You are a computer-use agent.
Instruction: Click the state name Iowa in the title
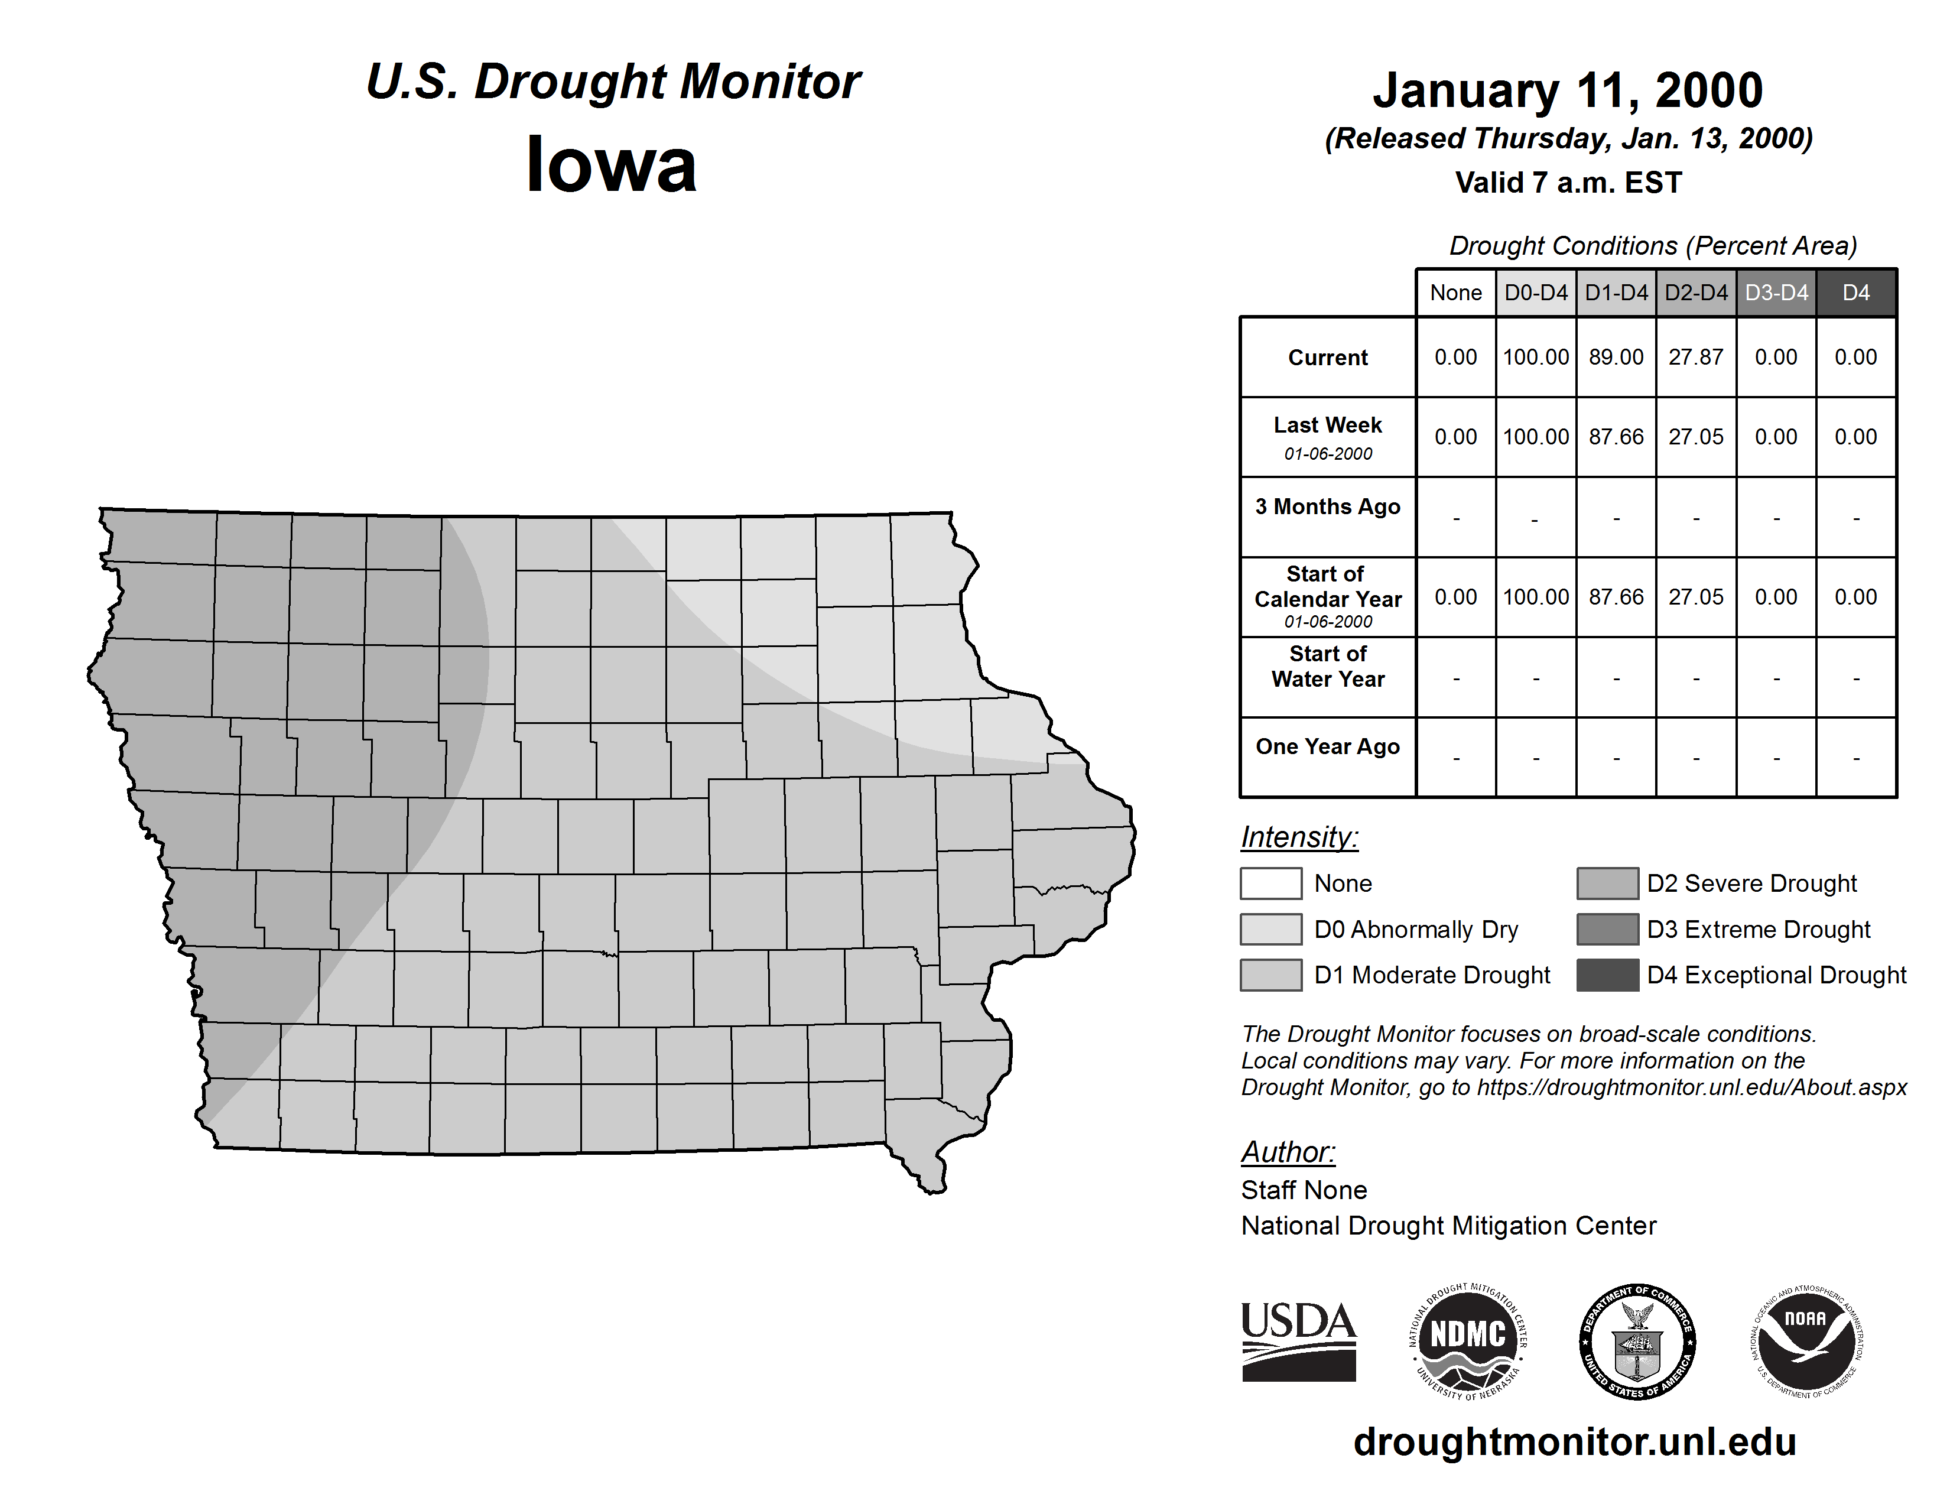[x=612, y=165]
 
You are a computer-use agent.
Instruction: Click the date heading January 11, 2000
[x=1568, y=90]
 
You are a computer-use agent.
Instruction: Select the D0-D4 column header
[x=1536, y=293]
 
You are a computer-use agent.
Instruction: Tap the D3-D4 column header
[x=1776, y=293]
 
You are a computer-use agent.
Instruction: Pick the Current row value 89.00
[x=1616, y=357]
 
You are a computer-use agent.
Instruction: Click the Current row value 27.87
[x=1695, y=357]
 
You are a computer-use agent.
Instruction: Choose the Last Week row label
[x=1328, y=426]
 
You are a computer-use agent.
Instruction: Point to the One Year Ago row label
[x=1328, y=746]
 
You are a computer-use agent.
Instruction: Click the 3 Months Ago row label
[x=1328, y=507]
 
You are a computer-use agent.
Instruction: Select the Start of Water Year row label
[x=1328, y=666]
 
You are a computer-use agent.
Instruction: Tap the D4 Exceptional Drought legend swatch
[x=1607, y=975]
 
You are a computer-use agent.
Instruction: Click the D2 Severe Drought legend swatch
[x=1607, y=883]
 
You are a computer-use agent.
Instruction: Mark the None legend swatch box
[x=1270, y=883]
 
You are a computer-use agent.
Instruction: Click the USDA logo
[x=1298, y=1341]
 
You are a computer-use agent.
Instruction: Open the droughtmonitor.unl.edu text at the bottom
[x=1575, y=1442]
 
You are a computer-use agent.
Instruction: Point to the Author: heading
[x=1288, y=1152]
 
